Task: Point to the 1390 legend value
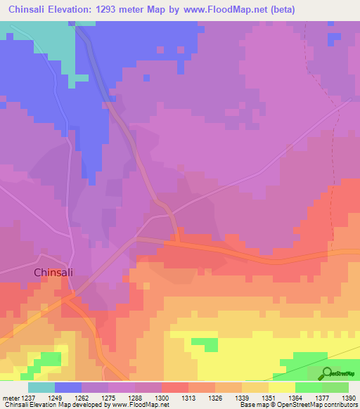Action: pyautogui.click(x=338, y=398)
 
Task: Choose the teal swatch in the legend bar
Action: pyautogui.click(x=41, y=387)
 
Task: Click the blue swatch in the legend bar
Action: pyautogui.click(x=68, y=387)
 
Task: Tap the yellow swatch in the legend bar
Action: pyautogui.click(x=281, y=387)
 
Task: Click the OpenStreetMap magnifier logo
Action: pyautogui.click(x=326, y=372)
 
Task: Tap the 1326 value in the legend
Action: pyautogui.click(x=216, y=398)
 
